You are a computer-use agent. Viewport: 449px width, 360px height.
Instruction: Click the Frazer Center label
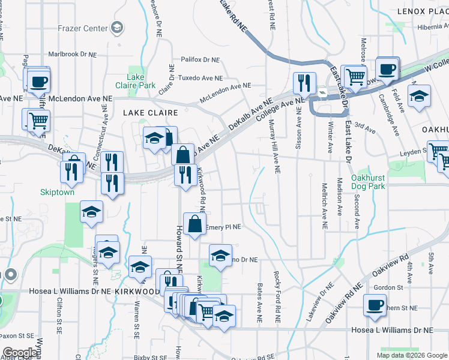click(83, 28)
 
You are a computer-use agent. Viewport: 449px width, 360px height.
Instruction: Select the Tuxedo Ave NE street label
click(201, 79)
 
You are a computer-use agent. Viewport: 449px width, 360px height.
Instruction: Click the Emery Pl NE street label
click(223, 227)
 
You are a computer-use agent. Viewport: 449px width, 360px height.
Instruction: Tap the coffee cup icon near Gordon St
click(375, 305)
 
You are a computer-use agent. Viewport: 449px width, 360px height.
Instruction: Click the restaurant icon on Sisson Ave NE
click(305, 83)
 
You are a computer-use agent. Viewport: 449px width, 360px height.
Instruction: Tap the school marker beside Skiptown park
click(91, 212)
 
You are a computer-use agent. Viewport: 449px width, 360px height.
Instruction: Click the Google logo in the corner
click(20, 353)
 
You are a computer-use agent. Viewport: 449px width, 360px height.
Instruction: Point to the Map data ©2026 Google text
click(412, 355)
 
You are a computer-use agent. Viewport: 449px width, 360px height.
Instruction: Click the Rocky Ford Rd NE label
click(277, 294)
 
